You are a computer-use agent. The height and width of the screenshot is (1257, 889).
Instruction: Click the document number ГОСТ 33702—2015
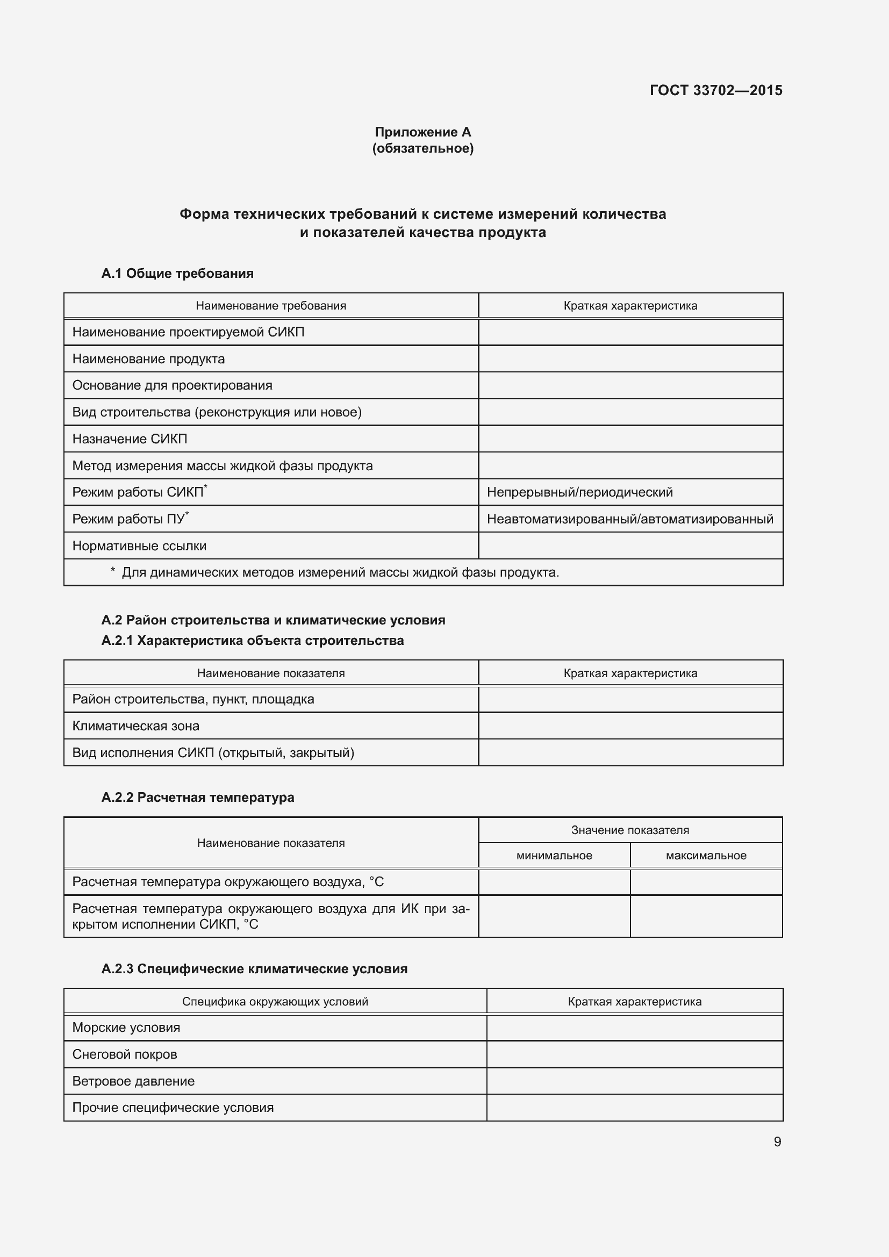pyautogui.click(x=715, y=90)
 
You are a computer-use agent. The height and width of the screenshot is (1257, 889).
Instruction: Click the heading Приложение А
pyautogui.click(x=422, y=132)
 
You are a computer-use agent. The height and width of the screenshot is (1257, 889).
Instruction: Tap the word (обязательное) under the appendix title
pyautogui.click(x=422, y=148)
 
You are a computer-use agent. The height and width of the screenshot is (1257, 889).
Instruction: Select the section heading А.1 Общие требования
pyautogui.click(x=177, y=273)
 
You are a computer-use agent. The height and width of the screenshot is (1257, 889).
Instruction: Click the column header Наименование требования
pyautogui.click(x=271, y=305)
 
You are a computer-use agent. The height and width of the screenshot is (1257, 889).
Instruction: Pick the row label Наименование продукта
pyautogui.click(x=148, y=359)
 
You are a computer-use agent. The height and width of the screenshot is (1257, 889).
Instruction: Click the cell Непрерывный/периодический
pyautogui.click(x=580, y=492)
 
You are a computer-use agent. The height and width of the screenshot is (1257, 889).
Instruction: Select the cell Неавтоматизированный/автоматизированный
pyautogui.click(x=630, y=519)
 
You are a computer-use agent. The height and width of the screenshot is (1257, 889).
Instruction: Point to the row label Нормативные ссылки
pyautogui.click(x=139, y=546)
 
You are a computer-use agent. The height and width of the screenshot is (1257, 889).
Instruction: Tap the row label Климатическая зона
pyautogui.click(x=136, y=726)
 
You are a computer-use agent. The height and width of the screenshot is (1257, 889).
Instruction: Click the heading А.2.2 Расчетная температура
pyautogui.click(x=198, y=797)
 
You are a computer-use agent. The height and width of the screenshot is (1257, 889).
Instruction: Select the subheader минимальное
pyautogui.click(x=554, y=855)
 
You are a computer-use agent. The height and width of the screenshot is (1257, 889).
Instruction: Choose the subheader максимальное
pyautogui.click(x=706, y=855)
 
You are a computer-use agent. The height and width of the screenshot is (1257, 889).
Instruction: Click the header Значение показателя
pyautogui.click(x=630, y=830)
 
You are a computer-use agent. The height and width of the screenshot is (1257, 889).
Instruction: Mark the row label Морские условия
pyautogui.click(x=126, y=1028)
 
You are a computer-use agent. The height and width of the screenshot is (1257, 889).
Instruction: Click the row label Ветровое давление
pyautogui.click(x=133, y=1081)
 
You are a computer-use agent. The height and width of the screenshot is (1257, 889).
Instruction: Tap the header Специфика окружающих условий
pyautogui.click(x=275, y=1001)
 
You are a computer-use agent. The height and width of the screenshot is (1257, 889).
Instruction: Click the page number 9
pyautogui.click(x=777, y=1141)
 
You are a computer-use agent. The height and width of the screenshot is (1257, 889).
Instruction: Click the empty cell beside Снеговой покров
pyautogui.click(x=634, y=1054)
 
